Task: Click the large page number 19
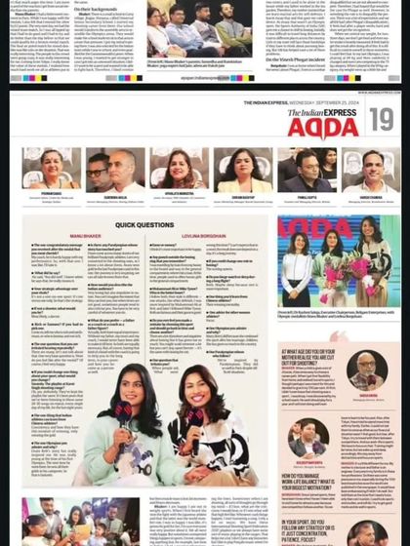pos(381,120)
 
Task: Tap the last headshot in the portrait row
pos(366,169)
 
